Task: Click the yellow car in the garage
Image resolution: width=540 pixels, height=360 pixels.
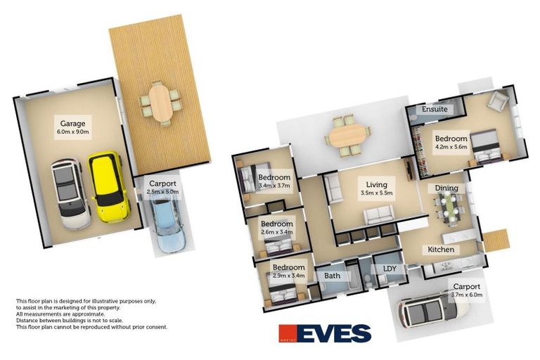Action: coord(109,188)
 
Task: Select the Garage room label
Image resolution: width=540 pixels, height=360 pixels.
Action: coord(72,123)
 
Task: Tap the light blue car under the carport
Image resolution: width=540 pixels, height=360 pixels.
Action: coord(168,223)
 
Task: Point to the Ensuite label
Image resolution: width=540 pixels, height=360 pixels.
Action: coord(435,109)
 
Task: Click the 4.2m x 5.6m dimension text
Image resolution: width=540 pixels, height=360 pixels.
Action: coord(451,146)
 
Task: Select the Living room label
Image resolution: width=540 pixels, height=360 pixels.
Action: coord(376,185)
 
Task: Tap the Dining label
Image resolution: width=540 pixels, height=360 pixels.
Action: coord(446,188)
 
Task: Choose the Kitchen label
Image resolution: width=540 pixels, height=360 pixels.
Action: coord(441,250)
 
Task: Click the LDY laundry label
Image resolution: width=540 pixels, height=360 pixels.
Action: coord(390,269)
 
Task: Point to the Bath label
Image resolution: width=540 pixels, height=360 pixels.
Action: coord(332,276)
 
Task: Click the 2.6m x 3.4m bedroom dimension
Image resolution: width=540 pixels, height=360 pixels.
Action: coord(276,232)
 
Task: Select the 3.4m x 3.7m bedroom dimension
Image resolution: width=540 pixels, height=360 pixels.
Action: coord(274,186)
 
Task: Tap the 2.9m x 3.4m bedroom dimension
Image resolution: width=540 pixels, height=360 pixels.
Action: coord(288,275)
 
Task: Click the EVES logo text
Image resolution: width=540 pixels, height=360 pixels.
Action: coord(334,333)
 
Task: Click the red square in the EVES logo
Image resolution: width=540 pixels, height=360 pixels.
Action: coord(288,333)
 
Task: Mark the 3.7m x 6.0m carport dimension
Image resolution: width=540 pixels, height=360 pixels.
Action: coord(467,295)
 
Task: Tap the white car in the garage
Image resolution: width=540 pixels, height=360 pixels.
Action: coord(70,194)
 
